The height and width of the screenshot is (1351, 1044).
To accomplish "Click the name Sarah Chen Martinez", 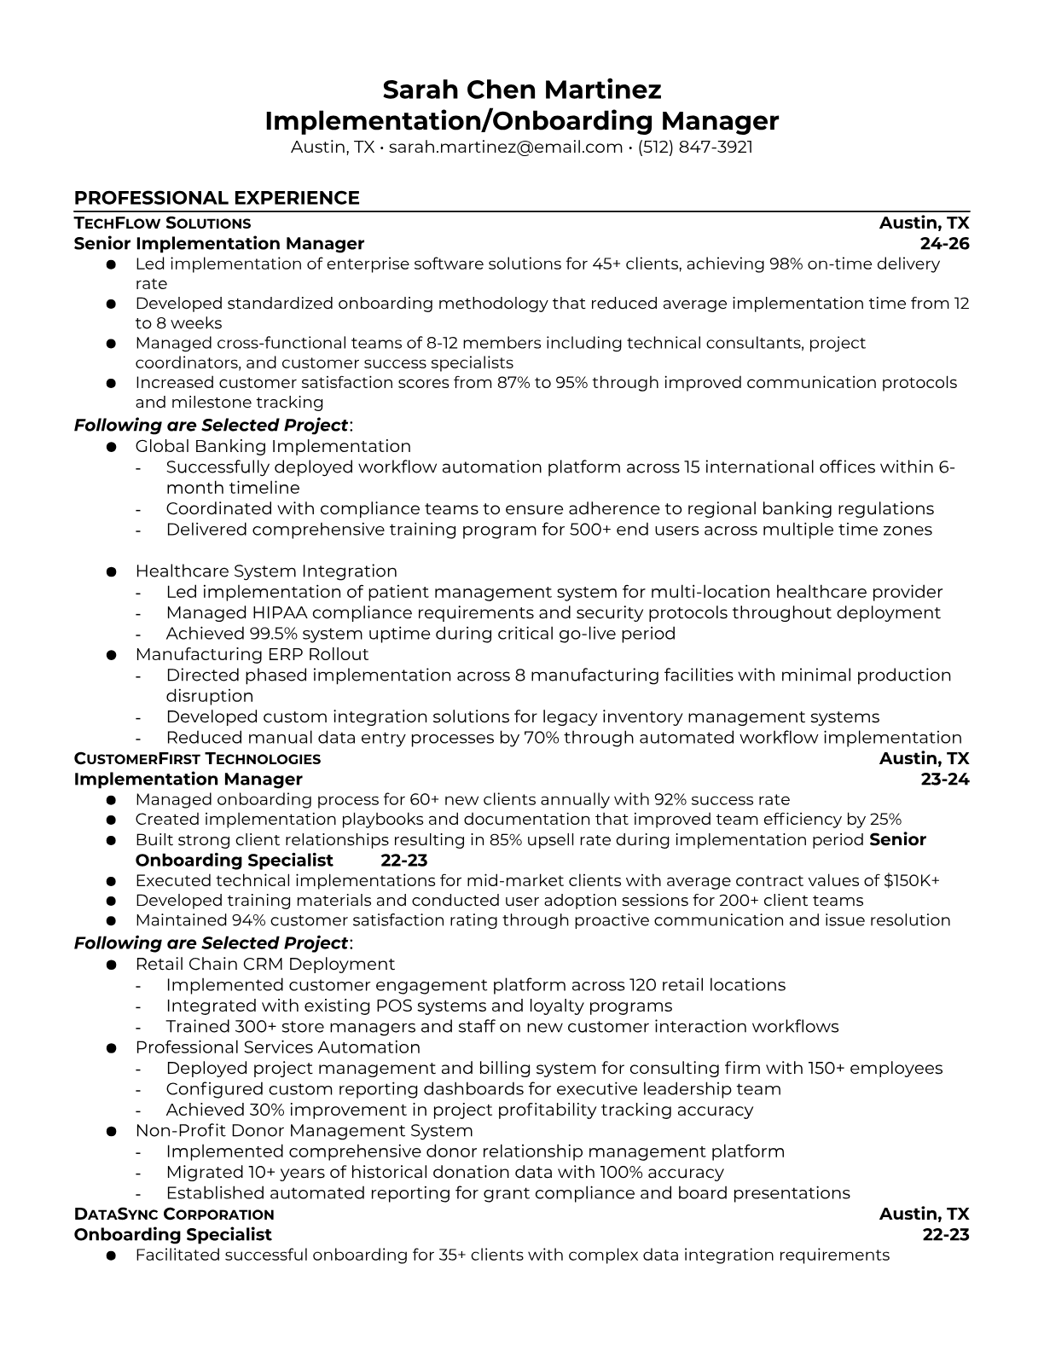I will (521, 90).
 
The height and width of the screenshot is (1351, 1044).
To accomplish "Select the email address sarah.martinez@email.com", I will (505, 147).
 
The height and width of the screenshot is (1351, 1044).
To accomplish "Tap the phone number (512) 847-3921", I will (695, 147).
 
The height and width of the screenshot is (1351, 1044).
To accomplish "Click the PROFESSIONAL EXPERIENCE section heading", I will (217, 198).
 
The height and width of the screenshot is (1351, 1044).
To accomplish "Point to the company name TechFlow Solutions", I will (162, 223).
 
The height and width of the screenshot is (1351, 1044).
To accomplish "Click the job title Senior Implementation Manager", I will (218, 244).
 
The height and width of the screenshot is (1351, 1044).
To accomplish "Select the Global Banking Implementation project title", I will (273, 446).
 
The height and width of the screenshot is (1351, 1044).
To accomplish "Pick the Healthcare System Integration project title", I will (266, 571).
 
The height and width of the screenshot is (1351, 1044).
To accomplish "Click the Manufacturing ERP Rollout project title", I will (252, 654).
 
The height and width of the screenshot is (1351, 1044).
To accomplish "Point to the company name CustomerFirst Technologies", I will (197, 759).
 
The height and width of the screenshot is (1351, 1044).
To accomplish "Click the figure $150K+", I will (911, 880).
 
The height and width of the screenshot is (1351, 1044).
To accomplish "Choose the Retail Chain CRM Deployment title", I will (264, 964).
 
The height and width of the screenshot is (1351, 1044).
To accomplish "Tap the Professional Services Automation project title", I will (277, 1047).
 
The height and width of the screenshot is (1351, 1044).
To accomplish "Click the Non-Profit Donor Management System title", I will (304, 1131).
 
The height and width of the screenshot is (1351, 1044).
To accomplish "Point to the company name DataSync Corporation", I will (174, 1215).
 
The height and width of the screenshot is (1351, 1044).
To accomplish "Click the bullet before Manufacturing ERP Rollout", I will (111, 655).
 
